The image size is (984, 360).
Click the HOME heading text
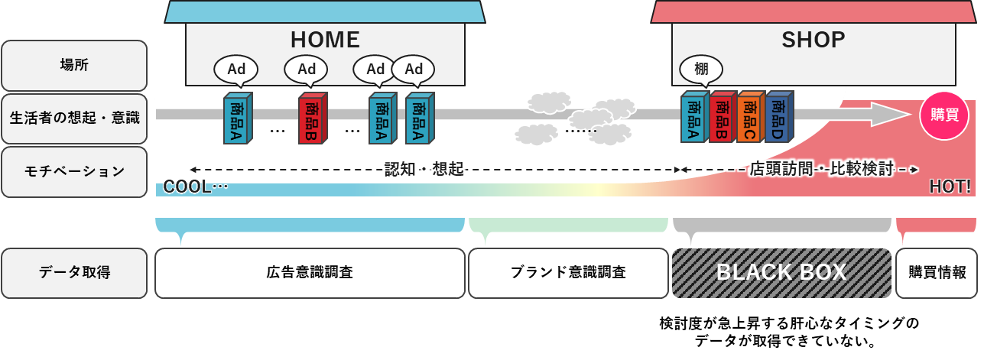click(x=325, y=40)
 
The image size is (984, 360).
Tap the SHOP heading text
click(x=813, y=40)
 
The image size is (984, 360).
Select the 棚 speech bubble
click(x=701, y=69)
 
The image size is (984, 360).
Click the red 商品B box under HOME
click(x=312, y=118)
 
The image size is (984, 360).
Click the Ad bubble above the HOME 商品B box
click(x=306, y=69)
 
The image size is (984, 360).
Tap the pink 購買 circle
click(x=943, y=115)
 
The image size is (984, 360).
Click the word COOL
click(x=187, y=186)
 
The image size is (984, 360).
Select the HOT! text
click(x=950, y=186)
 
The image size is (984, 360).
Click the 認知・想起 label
click(x=424, y=170)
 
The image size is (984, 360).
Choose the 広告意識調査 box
click(x=310, y=273)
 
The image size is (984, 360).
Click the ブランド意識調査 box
click(x=567, y=273)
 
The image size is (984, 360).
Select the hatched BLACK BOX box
click(x=781, y=273)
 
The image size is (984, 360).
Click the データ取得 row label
click(x=74, y=273)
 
